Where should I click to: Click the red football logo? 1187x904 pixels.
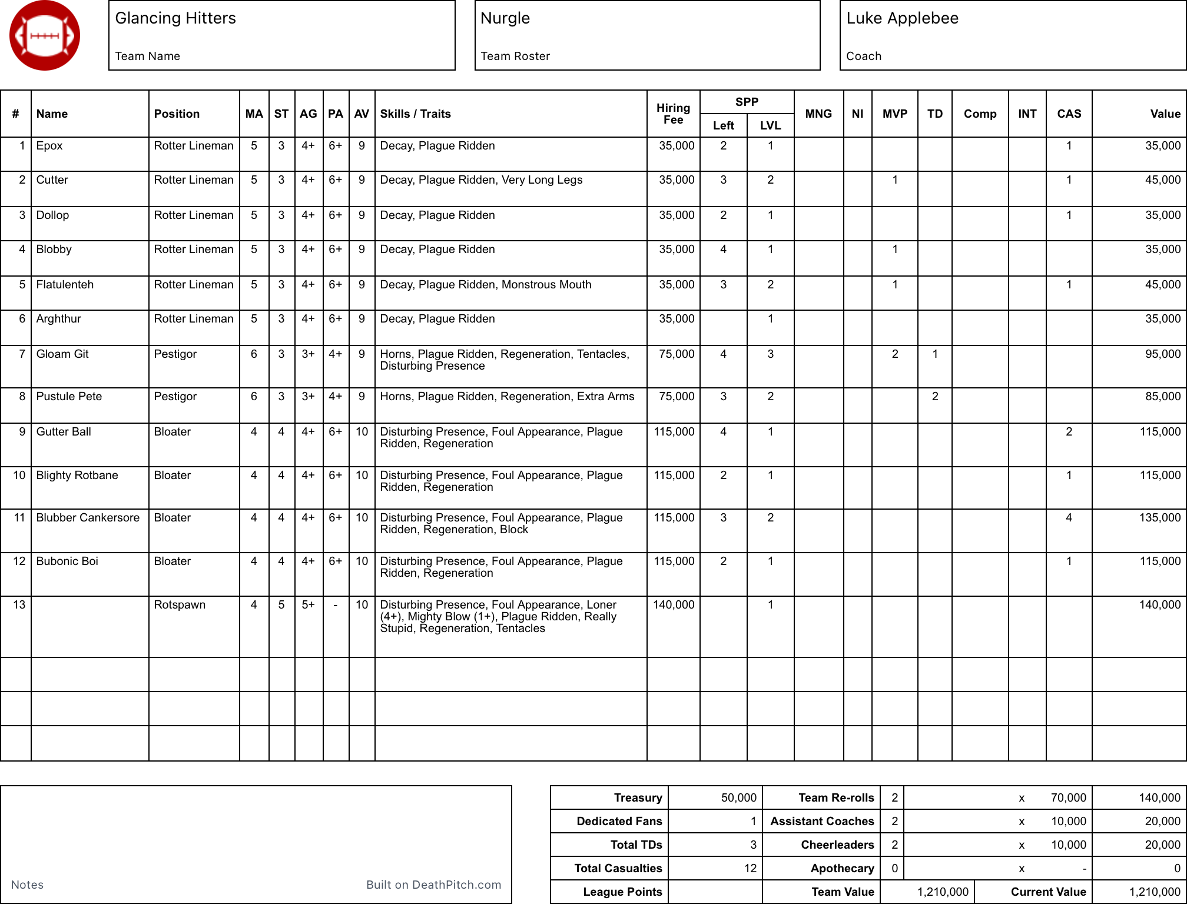point(45,36)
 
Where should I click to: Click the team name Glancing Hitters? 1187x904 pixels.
point(175,18)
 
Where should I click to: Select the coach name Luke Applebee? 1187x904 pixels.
point(902,18)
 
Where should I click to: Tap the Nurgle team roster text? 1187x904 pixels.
point(505,18)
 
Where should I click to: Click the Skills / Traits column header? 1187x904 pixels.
point(415,114)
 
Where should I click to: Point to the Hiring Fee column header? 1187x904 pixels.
point(673,114)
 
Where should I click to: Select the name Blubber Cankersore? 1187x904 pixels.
point(88,518)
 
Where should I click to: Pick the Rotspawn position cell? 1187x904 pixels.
point(180,605)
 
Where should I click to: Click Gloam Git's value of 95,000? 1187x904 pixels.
point(1162,354)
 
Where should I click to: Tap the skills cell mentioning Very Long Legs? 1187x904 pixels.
point(481,180)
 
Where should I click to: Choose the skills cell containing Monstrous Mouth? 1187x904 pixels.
point(485,285)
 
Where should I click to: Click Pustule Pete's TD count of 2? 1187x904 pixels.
point(934,397)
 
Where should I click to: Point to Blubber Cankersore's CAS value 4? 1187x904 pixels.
point(1069,518)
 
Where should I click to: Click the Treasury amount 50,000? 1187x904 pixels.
point(738,798)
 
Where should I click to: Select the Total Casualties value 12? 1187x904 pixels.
point(750,869)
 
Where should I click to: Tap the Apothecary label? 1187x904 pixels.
point(842,869)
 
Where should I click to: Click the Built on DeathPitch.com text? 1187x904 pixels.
point(433,885)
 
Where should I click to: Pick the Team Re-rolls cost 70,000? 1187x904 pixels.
point(1068,798)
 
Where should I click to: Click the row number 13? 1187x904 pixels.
point(19,605)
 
